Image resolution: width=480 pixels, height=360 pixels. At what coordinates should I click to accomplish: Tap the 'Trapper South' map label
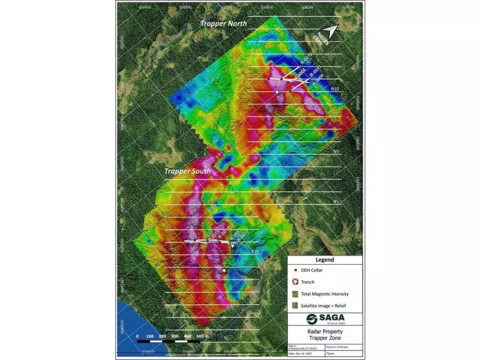click(187, 172)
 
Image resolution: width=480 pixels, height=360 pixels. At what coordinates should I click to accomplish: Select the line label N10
click(336, 89)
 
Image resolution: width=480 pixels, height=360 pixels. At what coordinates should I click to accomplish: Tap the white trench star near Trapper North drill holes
click(277, 92)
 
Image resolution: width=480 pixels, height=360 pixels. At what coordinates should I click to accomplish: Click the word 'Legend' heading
click(324, 260)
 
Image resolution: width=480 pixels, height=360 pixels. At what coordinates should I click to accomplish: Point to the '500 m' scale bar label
click(202, 337)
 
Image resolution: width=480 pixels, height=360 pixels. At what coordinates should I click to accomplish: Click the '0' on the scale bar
click(137, 337)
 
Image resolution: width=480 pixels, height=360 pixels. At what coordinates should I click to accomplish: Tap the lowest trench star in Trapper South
click(224, 271)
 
